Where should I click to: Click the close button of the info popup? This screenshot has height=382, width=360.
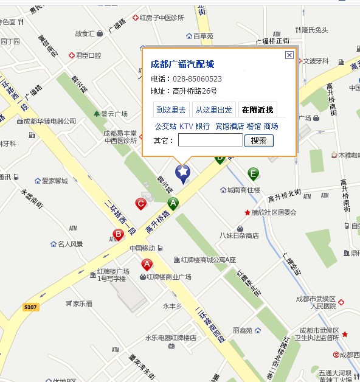[289, 55]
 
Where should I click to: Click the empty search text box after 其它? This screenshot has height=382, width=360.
[210, 141]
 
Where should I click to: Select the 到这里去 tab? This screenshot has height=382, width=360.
[171, 110]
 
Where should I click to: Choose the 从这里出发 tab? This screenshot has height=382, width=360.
[213, 110]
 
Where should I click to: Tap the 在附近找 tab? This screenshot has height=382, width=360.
[257, 110]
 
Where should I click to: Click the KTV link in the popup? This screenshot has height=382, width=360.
[185, 127]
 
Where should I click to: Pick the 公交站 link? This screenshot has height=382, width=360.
[165, 127]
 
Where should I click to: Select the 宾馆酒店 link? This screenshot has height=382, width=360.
[229, 127]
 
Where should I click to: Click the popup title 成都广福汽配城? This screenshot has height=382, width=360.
[182, 64]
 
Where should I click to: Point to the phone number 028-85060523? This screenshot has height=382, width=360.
[197, 79]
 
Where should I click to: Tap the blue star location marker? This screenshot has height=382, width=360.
[183, 173]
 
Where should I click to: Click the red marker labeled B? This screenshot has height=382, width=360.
[119, 234]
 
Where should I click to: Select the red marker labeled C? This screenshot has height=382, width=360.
[140, 204]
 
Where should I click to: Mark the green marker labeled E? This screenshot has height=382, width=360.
[253, 175]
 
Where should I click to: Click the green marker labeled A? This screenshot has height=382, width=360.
[173, 203]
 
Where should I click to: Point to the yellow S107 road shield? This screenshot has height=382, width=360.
[31, 307]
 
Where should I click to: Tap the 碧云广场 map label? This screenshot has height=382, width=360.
[113, 114]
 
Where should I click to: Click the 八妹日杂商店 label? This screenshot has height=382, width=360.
[239, 235]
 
